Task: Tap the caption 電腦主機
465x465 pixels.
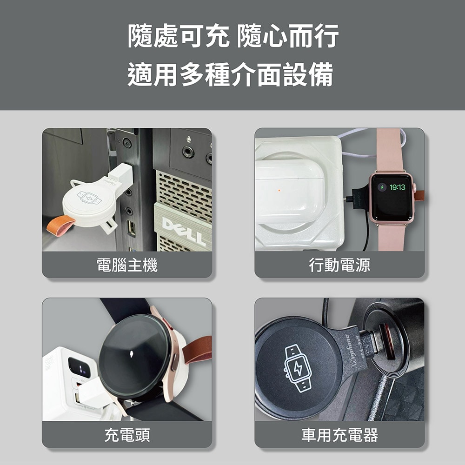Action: click(126, 266)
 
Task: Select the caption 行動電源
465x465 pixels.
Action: click(339, 266)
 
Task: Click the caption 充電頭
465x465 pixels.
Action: click(126, 435)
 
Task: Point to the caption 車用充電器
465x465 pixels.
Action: click(339, 435)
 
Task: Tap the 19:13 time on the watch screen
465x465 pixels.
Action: click(397, 187)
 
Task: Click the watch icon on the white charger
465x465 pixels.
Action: click(89, 197)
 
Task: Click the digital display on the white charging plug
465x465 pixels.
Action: click(80, 368)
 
